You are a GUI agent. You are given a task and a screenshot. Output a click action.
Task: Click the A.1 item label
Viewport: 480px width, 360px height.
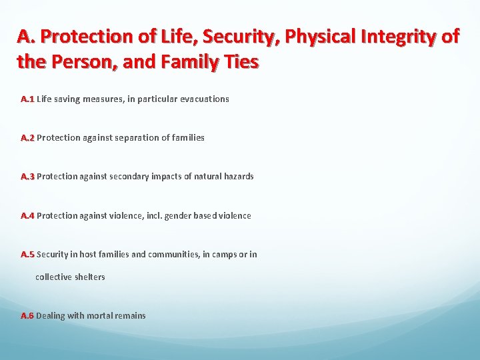(x=27, y=99)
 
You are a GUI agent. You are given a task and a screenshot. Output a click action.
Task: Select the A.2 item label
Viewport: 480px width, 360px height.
(x=27, y=137)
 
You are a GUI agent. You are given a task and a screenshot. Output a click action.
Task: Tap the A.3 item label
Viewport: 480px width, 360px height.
(x=27, y=176)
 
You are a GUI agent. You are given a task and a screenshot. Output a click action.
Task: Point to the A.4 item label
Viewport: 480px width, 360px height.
(x=27, y=215)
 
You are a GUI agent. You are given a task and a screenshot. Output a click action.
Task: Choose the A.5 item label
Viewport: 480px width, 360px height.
(x=27, y=254)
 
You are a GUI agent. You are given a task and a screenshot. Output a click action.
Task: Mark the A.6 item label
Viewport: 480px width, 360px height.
(x=27, y=315)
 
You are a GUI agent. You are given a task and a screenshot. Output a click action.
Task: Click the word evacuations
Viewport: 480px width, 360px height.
(x=205, y=99)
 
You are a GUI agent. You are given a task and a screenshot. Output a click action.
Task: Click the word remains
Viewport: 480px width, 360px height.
(x=131, y=315)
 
